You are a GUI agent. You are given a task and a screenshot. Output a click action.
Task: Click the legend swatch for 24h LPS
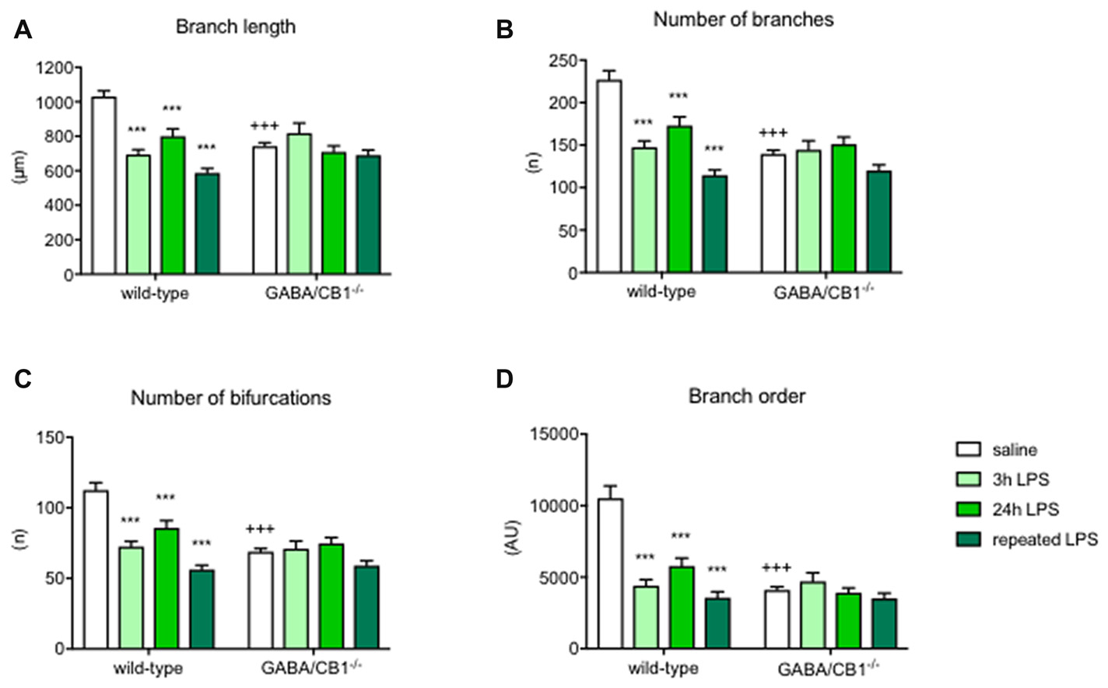pos(968,509)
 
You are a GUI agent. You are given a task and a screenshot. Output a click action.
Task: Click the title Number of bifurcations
pos(230,398)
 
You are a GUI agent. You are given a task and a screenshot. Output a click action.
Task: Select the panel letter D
pos(505,379)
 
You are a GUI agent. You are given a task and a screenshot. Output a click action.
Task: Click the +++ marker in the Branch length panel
pos(265,127)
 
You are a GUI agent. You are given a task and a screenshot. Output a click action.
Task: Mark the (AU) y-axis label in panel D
pos(514,537)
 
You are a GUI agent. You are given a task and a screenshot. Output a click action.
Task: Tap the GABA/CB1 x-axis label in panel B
pos(823,293)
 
